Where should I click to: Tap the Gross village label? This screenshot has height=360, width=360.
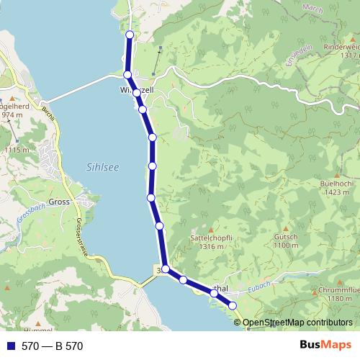pos(58,202)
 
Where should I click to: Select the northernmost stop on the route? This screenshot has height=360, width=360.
pos(130,35)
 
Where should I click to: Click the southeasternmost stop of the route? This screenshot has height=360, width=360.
pos(233,306)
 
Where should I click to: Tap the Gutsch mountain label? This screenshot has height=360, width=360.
pos(286,237)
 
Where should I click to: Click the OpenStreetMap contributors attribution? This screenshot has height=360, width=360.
pos(297,323)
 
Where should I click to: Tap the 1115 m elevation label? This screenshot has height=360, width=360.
pos(17,149)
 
